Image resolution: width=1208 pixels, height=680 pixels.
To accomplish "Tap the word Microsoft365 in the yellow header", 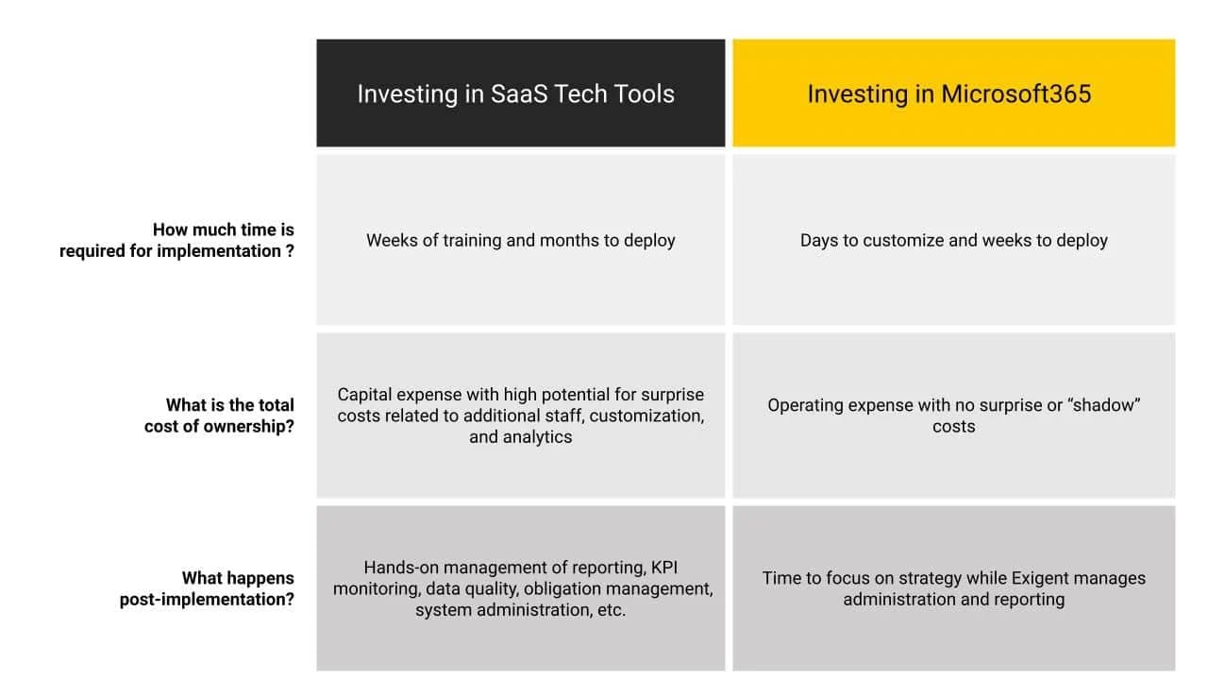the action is click(1016, 93).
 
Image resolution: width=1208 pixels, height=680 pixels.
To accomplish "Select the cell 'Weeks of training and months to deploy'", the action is click(520, 240).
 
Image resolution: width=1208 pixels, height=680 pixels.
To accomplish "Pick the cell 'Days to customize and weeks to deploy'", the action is click(953, 240).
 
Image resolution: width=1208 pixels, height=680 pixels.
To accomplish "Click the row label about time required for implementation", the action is click(176, 240).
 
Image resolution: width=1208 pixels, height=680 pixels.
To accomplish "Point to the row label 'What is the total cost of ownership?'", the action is click(219, 416).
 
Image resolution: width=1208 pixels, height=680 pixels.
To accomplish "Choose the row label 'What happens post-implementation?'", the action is click(207, 588).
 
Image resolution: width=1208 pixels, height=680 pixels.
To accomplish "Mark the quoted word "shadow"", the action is click(1103, 405).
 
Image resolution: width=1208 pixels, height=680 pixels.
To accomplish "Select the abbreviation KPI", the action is click(663, 568).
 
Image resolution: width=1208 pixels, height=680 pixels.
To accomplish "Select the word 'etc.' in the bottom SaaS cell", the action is click(612, 610).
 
